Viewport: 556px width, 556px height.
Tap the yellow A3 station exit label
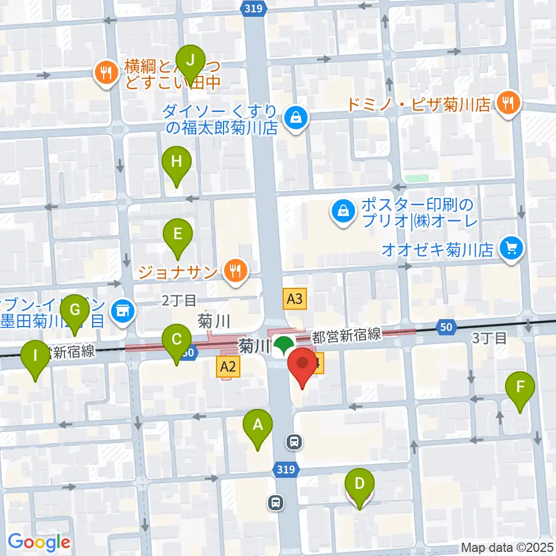click(x=295, y=299)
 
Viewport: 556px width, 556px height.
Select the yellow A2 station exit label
click(x=228, y=365)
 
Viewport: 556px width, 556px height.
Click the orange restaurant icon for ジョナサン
click(x=235, y=269)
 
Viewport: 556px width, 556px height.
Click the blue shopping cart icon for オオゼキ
click(x=511, y=249)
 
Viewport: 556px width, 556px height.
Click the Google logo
click(x=39, y=543)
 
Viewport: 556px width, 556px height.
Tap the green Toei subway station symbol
click(x=283, y=346)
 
